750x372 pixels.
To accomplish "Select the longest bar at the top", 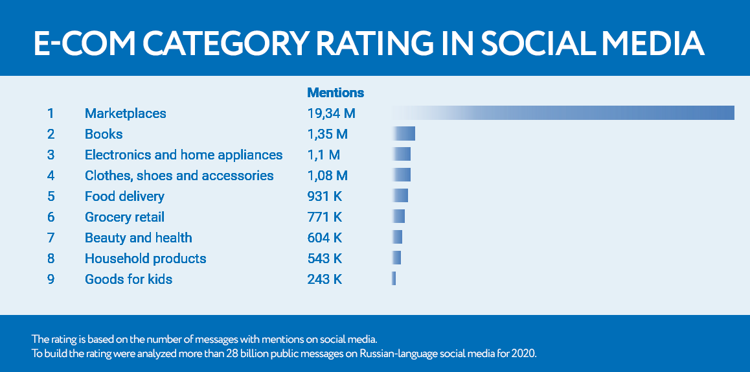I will tap(562, 113).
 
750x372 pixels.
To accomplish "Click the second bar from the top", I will tap(403, 134).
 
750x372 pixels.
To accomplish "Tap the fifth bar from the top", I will tap(400, 195).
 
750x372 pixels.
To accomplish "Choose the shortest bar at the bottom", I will tap(393, 278).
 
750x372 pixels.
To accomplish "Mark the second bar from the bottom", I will tap(396, 257).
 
